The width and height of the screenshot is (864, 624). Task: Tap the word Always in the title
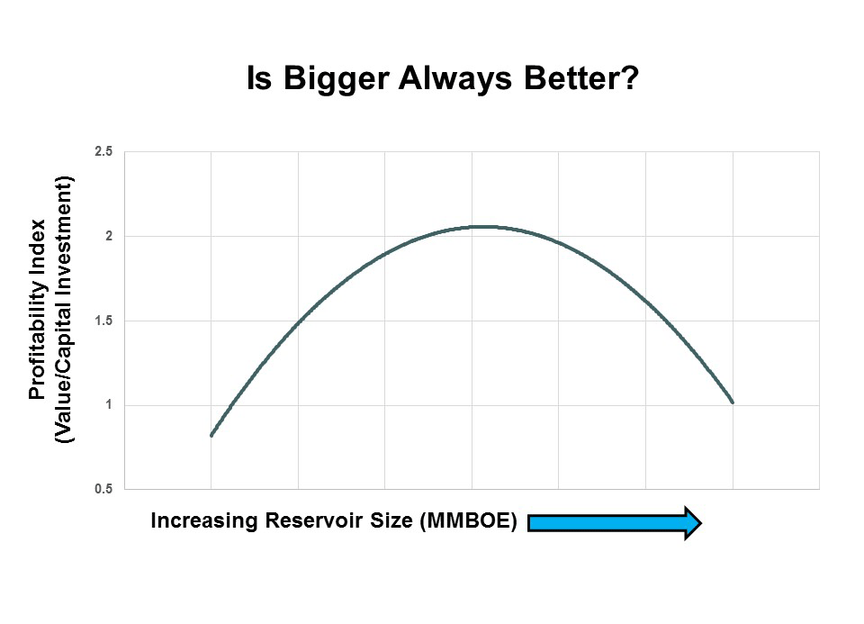[x=455, y=79]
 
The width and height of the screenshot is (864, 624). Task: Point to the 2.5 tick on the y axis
[x=103, y=151]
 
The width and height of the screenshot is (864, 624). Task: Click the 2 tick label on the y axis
[x=109, y=236]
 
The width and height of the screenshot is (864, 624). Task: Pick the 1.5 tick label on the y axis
[x=103, y=321]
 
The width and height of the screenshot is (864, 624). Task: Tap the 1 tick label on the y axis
[x=109, y=405]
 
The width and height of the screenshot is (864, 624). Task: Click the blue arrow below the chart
[x=615, y=522]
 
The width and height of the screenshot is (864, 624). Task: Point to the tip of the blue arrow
[x=701, y=522]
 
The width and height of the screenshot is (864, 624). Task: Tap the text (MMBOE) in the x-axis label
[x=468, y=521]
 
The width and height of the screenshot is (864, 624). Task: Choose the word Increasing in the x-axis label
[x=204, y=521]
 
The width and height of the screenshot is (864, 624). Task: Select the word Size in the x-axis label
[x=391, y=520]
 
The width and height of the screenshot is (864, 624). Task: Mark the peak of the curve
[x=485, y=227]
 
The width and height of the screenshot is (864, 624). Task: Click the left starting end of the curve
[x=211, y=436]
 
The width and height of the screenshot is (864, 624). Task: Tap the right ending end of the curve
[x=733, y=402]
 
